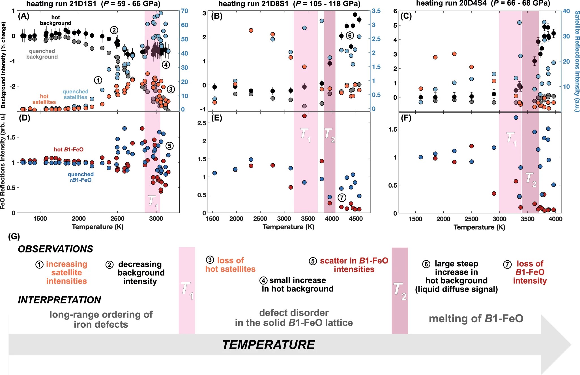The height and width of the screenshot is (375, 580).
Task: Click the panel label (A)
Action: point(23,16)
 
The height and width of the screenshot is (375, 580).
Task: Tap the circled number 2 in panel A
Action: point(114,30)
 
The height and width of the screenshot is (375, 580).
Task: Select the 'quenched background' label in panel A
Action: point(42,54)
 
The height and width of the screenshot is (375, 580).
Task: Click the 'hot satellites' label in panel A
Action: point(44,99)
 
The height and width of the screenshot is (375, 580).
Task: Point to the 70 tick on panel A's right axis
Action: point(184,11)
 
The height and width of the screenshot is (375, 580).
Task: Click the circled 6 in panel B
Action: point(350,35)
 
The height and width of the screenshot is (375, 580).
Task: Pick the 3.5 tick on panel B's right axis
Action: point(376,11)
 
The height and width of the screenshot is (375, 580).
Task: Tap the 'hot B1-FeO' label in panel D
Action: point(69,149)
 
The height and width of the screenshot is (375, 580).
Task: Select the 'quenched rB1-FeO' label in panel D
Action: point(81,177)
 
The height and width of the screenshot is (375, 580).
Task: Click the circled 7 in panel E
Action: point(342,198)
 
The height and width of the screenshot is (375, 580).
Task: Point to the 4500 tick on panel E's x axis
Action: point(356,219)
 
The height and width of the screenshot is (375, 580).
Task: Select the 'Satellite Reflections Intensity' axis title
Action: point(577,61)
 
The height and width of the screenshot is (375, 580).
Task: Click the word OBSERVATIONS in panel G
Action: point(55,249)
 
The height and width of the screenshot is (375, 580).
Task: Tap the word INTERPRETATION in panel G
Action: point(59,300)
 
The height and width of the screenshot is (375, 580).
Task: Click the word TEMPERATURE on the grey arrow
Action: point(268,345)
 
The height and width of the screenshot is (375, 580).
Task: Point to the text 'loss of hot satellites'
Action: point(230,265)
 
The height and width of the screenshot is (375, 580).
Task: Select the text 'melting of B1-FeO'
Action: point(476,319)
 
